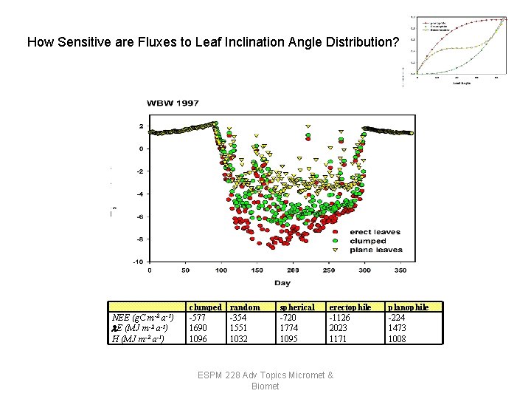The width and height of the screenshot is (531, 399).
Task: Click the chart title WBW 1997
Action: point(173,103)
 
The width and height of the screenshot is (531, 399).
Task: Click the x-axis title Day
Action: point(282,282)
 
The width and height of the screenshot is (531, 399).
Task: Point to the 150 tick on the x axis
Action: point(257,270)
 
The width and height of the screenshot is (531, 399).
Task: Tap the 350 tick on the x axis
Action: point(400,270)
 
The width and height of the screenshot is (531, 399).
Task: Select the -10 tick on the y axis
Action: point(137,262)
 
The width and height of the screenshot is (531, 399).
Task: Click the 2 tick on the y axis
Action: point(140,126)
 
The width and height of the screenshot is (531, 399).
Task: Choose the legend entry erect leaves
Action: point(375,232)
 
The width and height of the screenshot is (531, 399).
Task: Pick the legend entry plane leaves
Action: point(376,250)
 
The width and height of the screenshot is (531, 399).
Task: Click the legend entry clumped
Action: point(368,241)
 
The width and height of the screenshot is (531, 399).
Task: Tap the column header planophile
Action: point(409,307)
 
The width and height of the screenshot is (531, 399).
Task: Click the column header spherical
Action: point(296,307)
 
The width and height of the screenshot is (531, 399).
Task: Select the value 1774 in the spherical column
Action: point(289,328)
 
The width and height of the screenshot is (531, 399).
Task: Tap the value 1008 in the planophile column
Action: point(398,338)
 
